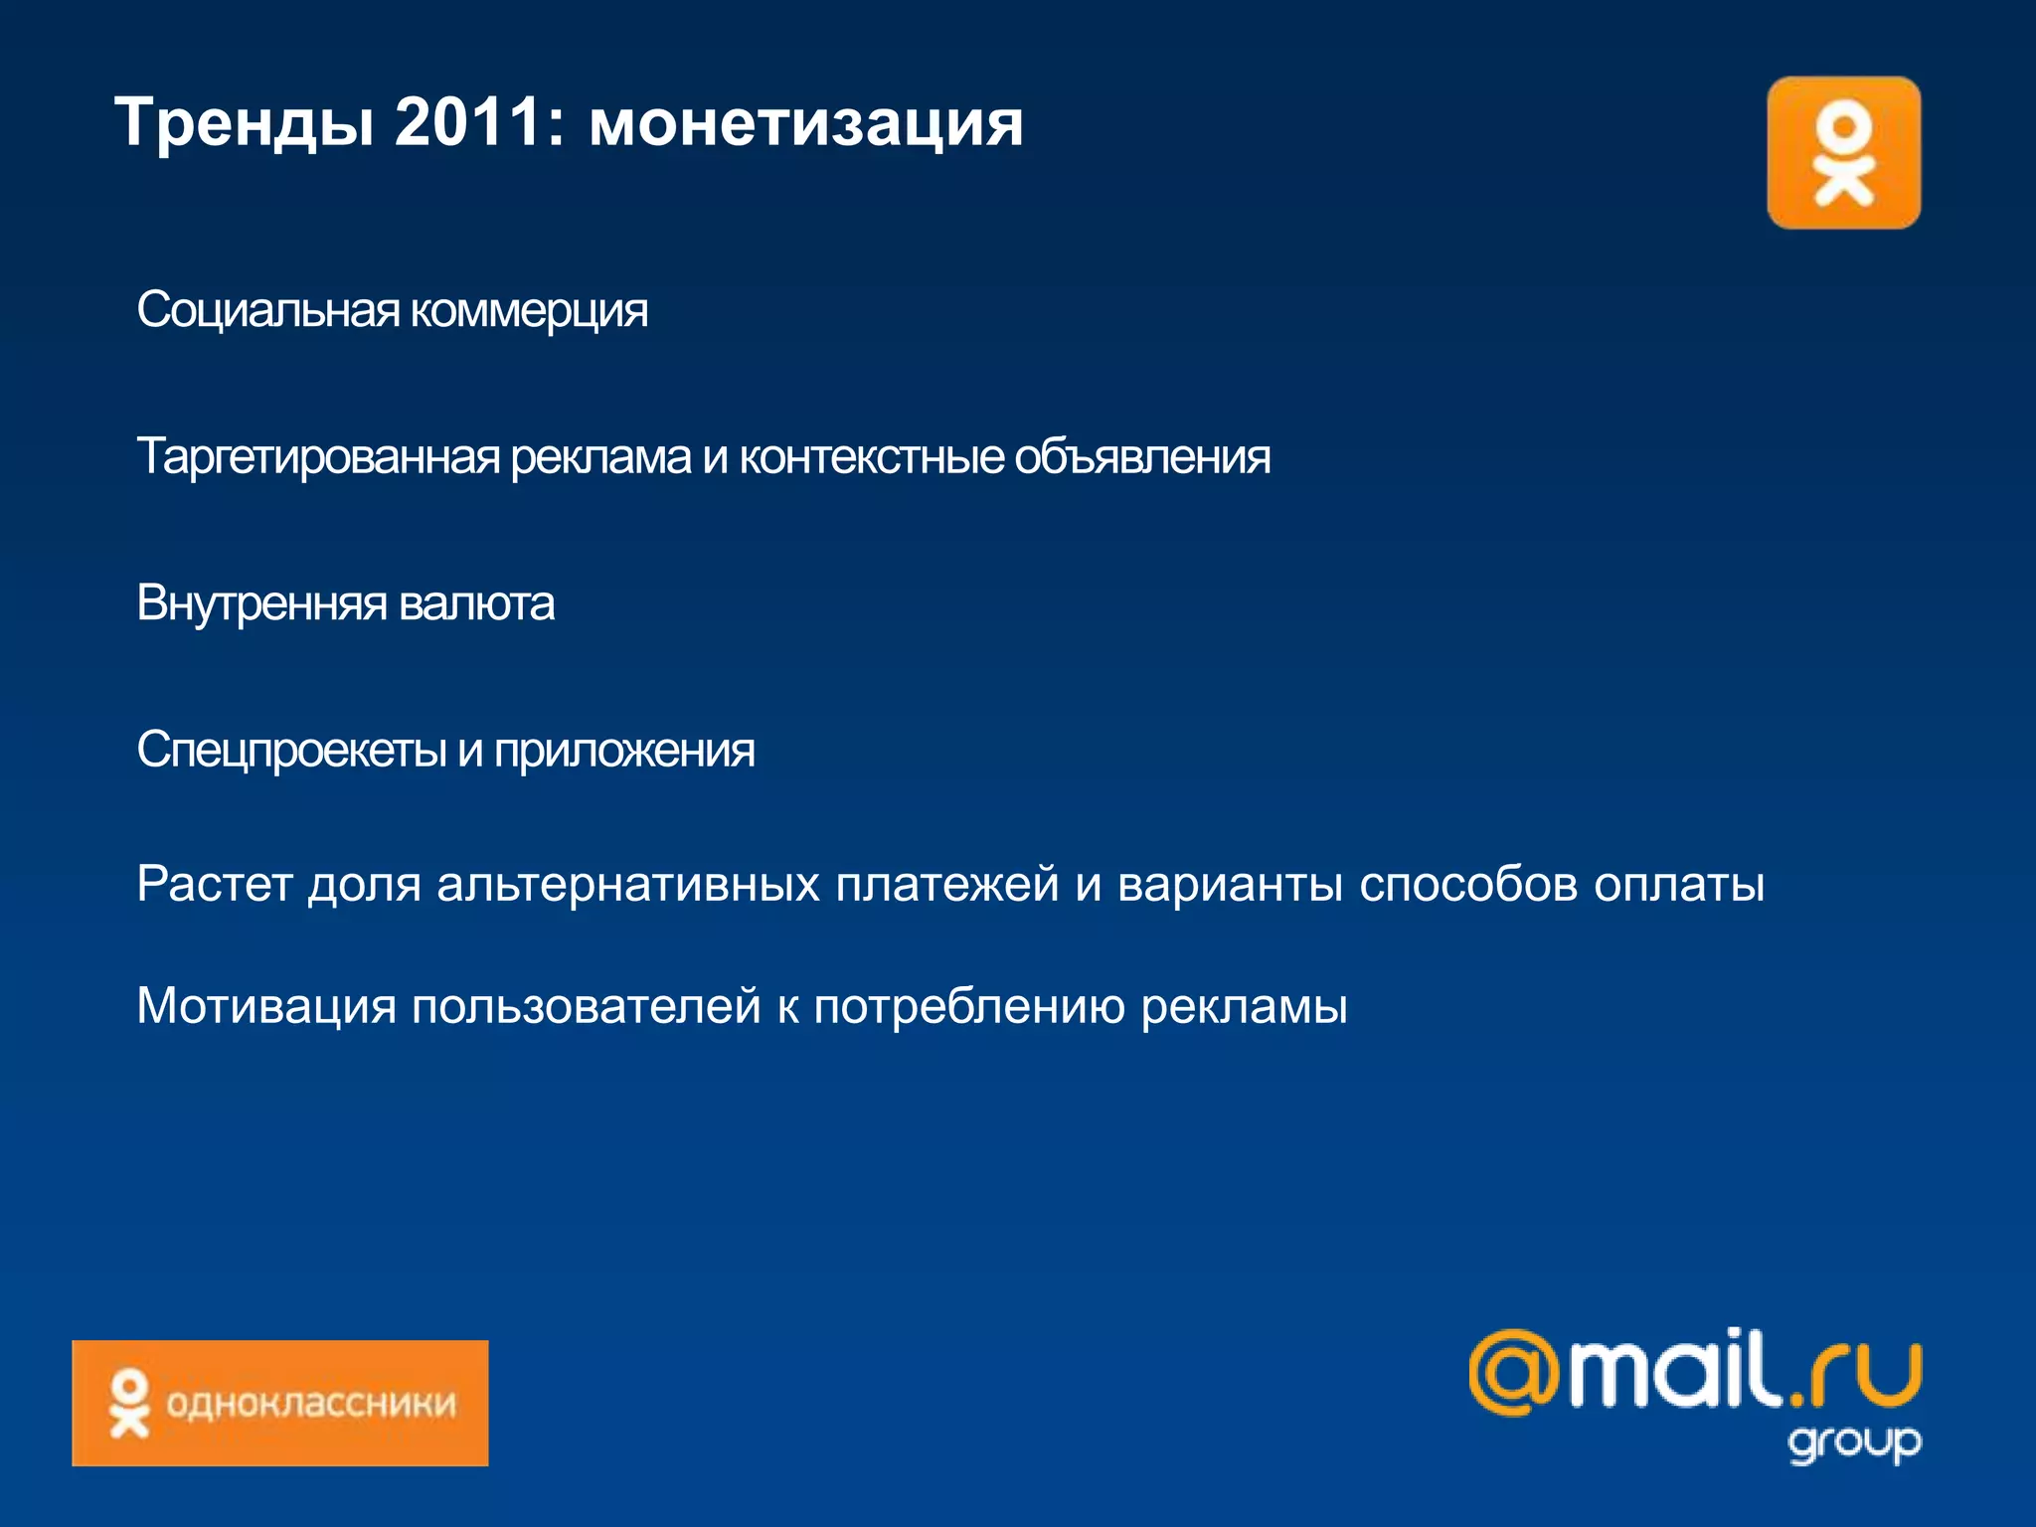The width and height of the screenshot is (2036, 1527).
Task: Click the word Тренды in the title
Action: coord(245,123)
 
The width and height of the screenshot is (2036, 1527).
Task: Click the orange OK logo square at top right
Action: coord(1843,153)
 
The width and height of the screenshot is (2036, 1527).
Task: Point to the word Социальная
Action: coord(267,310)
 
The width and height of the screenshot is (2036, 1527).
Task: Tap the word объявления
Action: coord(1142,457)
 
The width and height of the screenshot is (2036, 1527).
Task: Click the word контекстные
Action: coord(871,457)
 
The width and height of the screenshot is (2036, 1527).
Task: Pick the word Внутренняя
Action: coord(261,603)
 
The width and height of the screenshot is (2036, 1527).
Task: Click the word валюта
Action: coord(476,603)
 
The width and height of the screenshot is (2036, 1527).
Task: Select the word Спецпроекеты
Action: coord(291,751)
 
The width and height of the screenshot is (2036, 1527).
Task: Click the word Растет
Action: coord(214,884)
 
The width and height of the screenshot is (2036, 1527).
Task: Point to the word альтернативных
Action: coord(628,884)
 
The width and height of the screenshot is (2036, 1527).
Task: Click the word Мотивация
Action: coord(266,1006)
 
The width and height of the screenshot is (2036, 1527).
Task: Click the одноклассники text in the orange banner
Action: coord(311,1404)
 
